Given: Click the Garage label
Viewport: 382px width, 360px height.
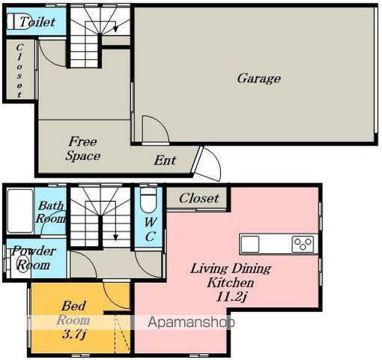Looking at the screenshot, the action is (x=258, y=79).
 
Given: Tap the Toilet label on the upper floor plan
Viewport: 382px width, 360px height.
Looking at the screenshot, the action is (x=37, y=22).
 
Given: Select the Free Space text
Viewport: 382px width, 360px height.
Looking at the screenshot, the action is (x=82, y=148).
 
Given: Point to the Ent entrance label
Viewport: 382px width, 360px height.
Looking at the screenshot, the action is (x=165, y=160).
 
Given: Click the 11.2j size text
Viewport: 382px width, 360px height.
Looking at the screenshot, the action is (x=231, y=297).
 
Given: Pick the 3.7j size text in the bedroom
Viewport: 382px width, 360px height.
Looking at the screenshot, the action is (x=74, y=334).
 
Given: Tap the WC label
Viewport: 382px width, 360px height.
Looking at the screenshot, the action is (x=151, y=229).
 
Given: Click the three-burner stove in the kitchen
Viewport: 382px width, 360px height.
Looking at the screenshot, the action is (x=303, y=244).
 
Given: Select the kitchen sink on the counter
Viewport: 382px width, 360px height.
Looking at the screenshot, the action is (x=249, y=244).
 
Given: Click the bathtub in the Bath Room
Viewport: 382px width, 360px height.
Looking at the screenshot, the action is (x=20, y=211).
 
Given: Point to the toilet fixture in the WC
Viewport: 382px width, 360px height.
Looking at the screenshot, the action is (x=148, y=200).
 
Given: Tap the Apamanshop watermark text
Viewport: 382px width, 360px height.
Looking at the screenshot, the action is (x=191, y=322).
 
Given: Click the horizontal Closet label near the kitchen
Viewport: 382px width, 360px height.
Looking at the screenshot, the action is (x=199, y=199).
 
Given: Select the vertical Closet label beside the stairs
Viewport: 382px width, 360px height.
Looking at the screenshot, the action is (x=19, y=70).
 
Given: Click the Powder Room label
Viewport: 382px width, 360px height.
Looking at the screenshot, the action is (x=33, y=258).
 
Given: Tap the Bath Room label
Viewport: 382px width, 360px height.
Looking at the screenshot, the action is (x=51, y=212).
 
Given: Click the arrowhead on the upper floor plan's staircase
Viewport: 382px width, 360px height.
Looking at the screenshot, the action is (x=115, y=29).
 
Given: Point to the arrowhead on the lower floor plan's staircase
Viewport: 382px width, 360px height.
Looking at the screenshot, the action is (x=115, y=237).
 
